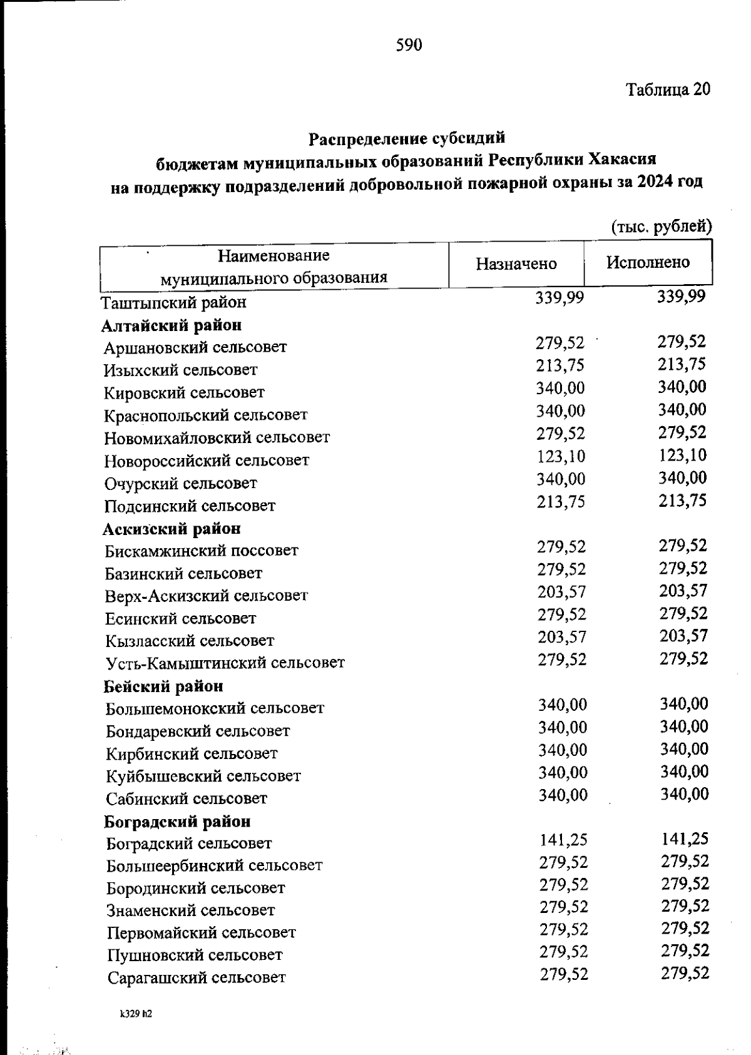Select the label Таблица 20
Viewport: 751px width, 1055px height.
(x=668, y=89)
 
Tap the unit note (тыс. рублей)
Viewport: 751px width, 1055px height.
(x=661, y=226)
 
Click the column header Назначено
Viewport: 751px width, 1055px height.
(x=516, y=263)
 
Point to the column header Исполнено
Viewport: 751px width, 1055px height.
(x=648, y=262)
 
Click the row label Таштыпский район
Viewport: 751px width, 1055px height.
(x=174, y=303)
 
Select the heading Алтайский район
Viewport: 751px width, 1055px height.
(x=172, y=325)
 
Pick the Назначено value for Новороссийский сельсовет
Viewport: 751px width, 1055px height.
(x=561, y=456)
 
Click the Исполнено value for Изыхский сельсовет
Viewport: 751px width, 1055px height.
(x=682, y=365)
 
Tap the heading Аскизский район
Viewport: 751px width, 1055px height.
(x=171, y=529)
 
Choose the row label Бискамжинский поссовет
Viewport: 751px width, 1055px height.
(x=202, y=551)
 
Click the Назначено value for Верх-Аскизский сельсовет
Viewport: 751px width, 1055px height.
(x=561, y=592)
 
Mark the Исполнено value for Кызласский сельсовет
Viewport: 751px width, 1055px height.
(x=683, y=636)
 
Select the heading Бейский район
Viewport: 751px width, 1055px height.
(x=163, y=686)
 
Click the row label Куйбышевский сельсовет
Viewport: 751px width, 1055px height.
(x=203, y=777)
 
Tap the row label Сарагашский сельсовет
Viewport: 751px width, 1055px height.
(x=196, y=977)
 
